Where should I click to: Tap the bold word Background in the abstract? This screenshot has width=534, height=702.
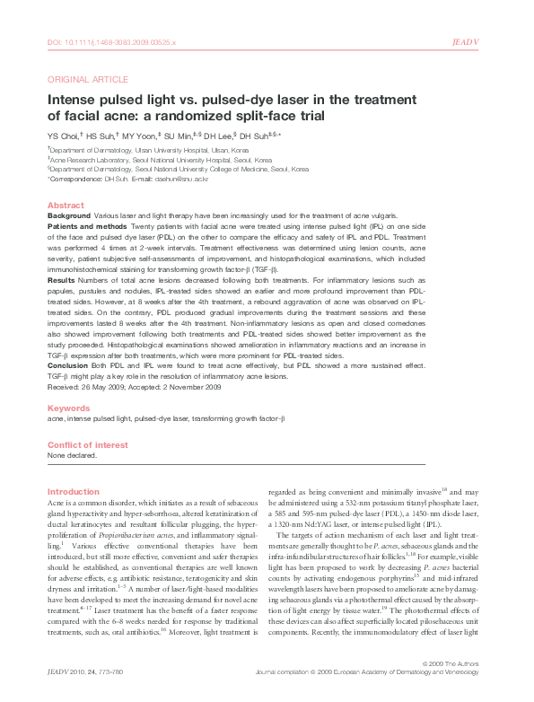(69, 216)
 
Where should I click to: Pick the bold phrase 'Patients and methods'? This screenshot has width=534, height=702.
(83, 228)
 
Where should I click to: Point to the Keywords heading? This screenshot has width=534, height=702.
(68, 408)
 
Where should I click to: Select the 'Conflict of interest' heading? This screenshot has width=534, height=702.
(84, 444)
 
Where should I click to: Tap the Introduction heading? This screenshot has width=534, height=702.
(74, 491)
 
